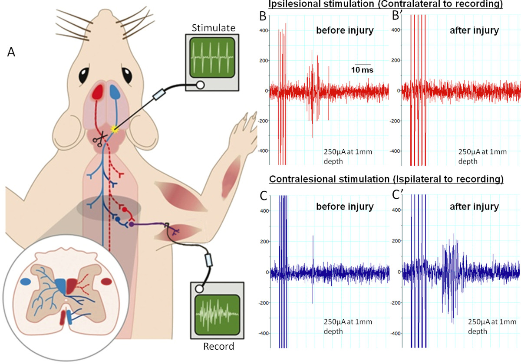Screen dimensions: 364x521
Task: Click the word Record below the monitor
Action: tap(218, 347)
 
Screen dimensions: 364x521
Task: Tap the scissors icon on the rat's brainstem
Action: tap(102, 139)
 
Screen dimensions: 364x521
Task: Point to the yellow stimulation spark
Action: tap(115, 128)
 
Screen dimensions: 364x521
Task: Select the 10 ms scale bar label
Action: tap(362, 69)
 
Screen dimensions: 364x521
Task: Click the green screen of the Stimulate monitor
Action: tap(213, 56)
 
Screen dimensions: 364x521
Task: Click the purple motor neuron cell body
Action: tap(131, 224)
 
